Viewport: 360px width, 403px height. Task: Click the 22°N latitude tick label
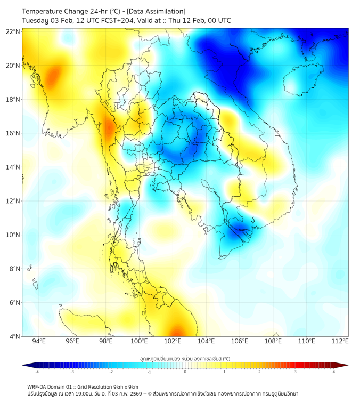pos(13,31)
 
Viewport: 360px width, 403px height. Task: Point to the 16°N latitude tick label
pos(13,133)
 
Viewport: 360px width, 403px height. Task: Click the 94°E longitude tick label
pos(39,342)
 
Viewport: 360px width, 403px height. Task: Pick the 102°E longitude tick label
pos(173,342)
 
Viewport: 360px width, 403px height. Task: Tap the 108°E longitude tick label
pos(273,342)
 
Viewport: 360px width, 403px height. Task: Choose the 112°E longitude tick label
pos(340,342)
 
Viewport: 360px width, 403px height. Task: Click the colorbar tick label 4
pos(334,372)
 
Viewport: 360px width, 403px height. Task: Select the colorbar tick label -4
pos(36,372)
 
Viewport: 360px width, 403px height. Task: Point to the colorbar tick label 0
pos(185,372)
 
